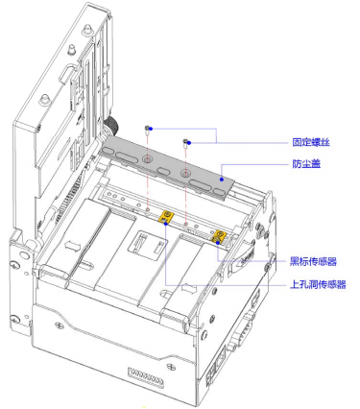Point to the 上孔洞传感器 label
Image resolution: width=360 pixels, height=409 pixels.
[x=317, y=284]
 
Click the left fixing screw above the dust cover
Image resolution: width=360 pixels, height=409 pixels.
[x=145, y=128]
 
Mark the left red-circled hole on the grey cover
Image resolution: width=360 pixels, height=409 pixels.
[x=146, y=156]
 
